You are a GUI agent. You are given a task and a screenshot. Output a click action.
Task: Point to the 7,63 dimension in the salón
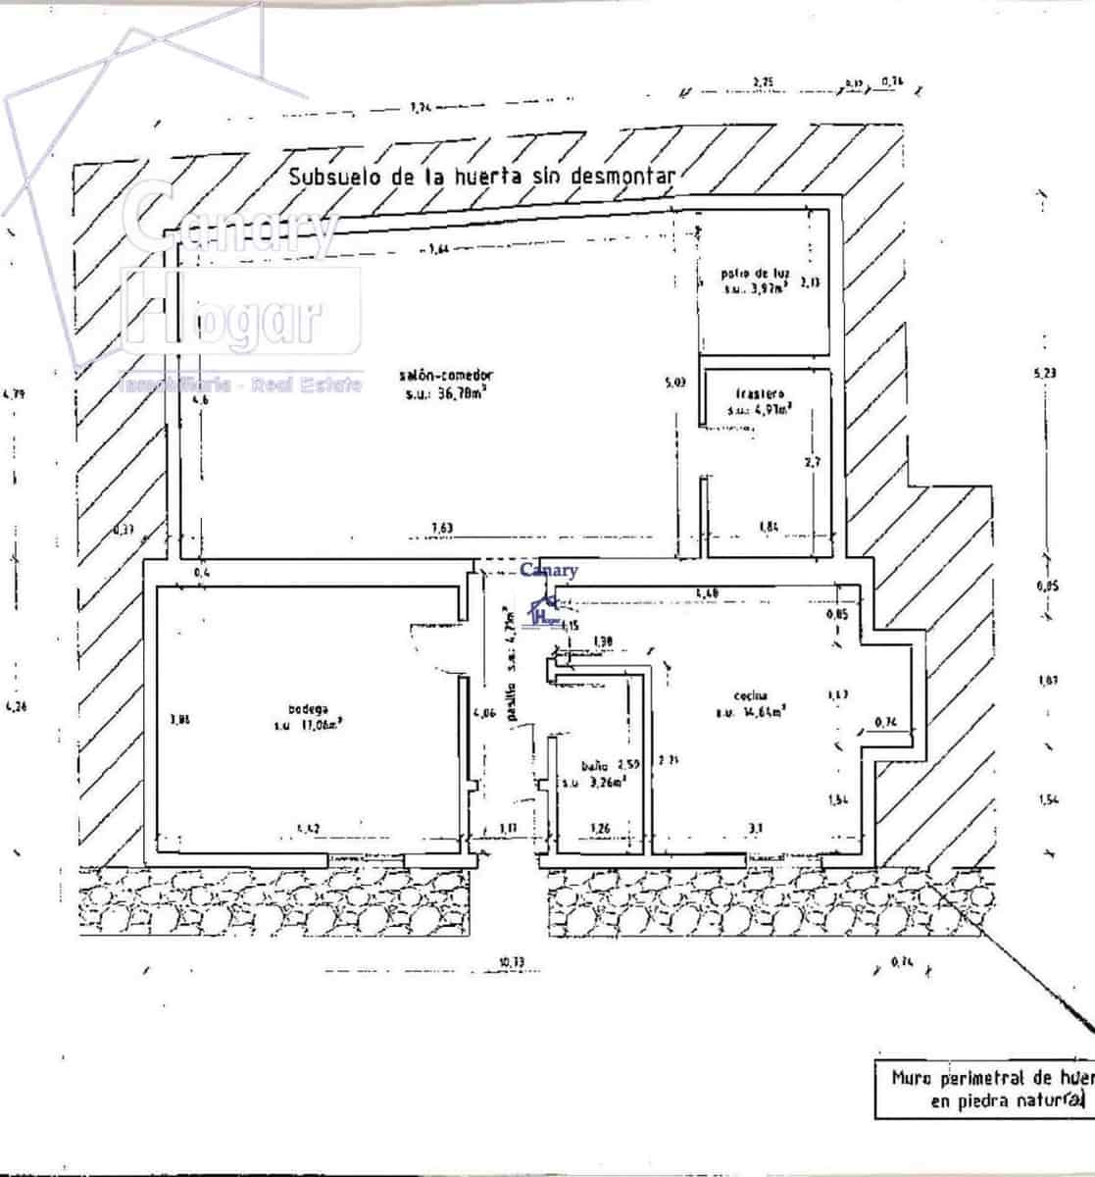444,529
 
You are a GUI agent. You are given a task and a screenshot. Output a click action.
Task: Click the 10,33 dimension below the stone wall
511,962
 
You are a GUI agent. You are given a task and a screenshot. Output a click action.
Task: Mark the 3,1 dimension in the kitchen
756,829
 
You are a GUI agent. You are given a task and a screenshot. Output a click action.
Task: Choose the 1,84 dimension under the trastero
770,529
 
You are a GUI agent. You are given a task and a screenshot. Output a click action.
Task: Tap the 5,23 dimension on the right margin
1046,373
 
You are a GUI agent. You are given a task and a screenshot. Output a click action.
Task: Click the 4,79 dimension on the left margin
13,394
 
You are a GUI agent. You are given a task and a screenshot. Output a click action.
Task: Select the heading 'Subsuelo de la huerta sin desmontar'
481,177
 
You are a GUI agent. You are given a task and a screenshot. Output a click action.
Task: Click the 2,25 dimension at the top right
764,80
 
